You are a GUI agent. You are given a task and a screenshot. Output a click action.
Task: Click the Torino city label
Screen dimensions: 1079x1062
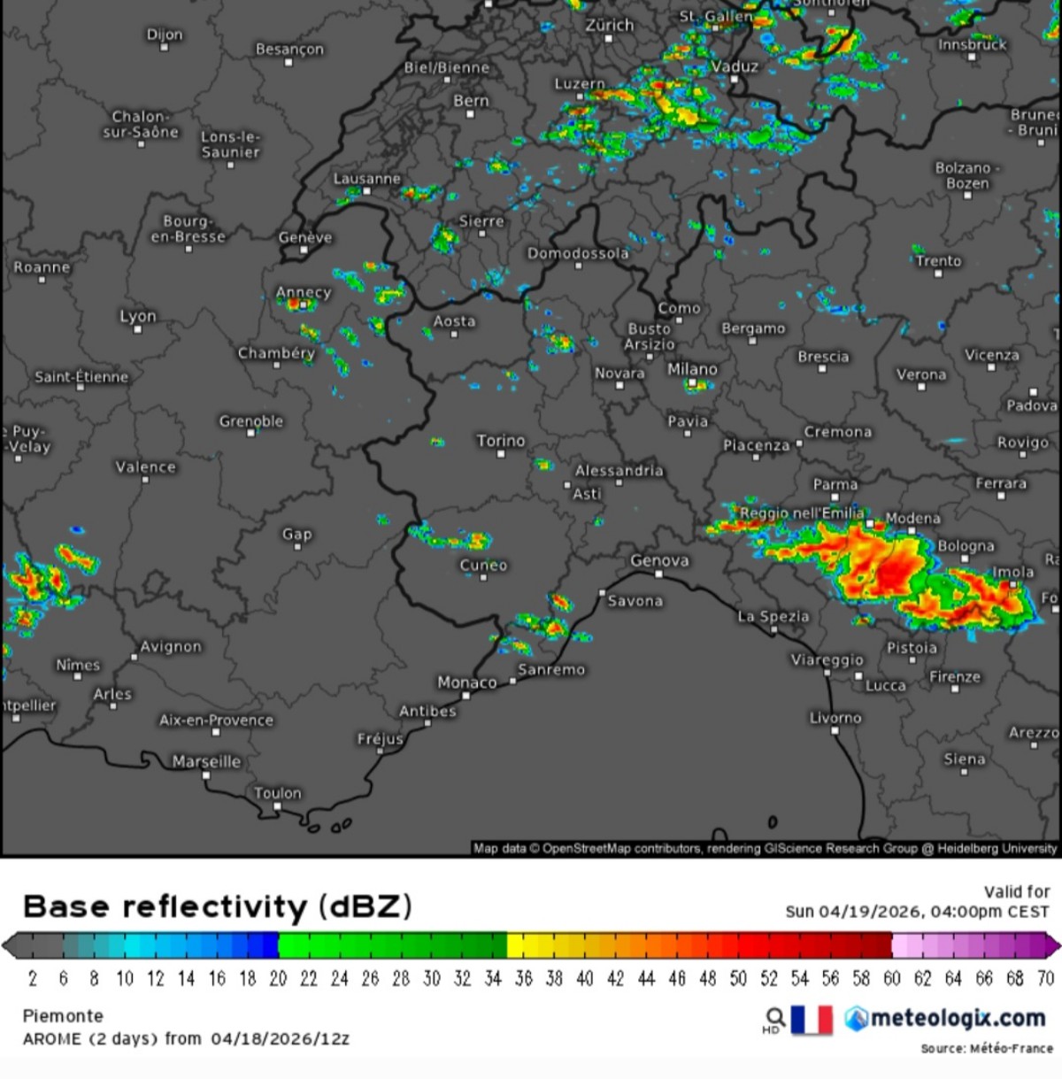point(501,441)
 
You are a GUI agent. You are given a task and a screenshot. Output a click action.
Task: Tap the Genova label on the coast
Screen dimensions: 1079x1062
point(659,560)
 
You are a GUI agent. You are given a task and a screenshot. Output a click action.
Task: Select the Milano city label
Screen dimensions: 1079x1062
point(692,369)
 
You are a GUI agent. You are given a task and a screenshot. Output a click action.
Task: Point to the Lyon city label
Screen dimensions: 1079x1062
point(138,316)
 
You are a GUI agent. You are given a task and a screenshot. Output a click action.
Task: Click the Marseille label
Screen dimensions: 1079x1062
point(206,761)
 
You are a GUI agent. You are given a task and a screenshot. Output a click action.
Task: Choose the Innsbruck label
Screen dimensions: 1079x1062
point(973,44)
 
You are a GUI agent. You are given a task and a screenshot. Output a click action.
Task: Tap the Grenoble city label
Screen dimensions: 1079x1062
point(251,421)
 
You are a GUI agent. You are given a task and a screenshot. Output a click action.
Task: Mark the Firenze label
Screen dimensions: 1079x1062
point(955,677)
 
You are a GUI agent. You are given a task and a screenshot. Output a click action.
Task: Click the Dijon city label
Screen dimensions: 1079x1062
point(165,35)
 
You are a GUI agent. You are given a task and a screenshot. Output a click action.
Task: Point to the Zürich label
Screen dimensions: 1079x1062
point(610,25)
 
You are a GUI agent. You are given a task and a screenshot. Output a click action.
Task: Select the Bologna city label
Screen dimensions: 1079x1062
point(966,546)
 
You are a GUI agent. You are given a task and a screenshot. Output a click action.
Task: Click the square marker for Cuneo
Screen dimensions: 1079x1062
point(483,577)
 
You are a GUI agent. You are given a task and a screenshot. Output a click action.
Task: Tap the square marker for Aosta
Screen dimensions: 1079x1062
point(454,334)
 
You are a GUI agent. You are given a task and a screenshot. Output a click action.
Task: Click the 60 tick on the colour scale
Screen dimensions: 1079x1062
point(892,978)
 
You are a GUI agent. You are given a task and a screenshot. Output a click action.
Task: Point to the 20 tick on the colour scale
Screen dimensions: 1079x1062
point(278,978)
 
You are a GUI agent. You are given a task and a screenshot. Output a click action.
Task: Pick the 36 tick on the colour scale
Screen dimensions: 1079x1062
point(524,978)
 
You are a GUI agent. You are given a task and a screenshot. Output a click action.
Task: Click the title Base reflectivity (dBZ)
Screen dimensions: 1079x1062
point(217,906)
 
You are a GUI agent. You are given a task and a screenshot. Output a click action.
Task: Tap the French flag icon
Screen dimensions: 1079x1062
point(812,1020)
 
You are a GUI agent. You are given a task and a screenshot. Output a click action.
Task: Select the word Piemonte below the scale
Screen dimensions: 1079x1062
point(63,1015)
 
